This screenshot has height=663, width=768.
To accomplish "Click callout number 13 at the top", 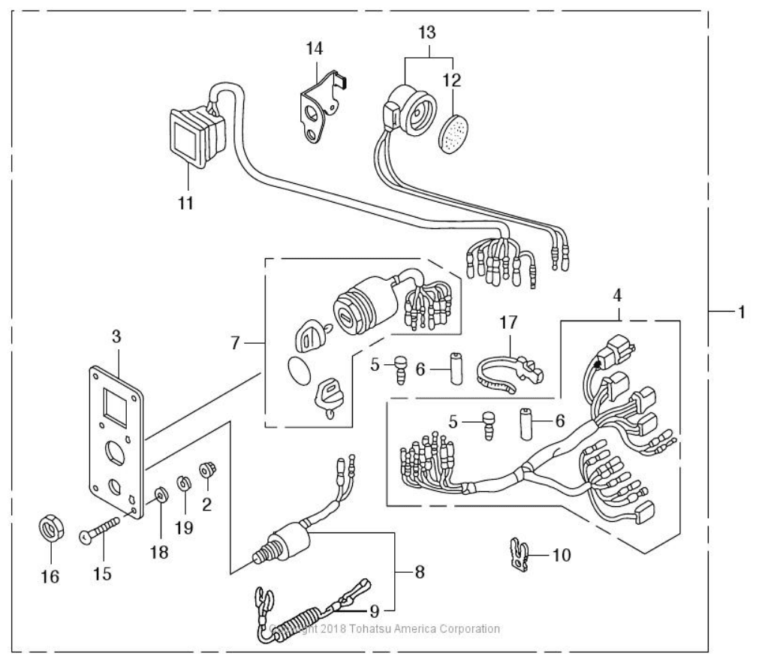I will point(428,34).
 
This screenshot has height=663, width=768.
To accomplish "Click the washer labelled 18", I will point(161,495).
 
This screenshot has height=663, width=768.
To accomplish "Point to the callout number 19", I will point(184,527).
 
